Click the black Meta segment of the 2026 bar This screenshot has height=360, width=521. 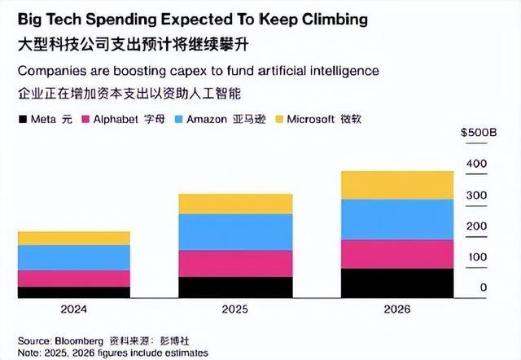click(396, 283)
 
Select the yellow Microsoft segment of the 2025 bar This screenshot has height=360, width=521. click(234, 204)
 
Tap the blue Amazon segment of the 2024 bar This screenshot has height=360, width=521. click(73, 257)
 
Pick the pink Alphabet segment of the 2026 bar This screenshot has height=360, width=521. click(396, 254)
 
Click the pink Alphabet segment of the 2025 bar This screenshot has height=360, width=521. click(234, 263)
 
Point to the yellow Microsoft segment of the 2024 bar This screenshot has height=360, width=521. click(73, 238)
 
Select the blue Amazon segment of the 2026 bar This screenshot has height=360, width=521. click(396, 219)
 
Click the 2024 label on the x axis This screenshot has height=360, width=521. click(73, 310)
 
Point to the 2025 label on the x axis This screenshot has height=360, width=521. click(234, 310)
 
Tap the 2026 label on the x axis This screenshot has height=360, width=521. click(396, 310)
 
